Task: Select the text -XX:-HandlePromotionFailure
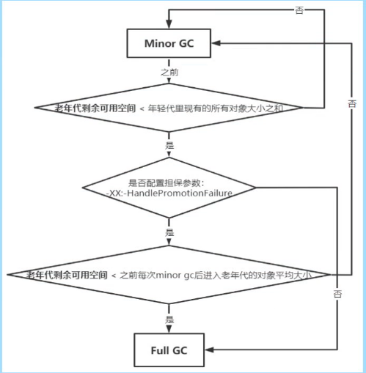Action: pyautogui.click(x=170, y=193)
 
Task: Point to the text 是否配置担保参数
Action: pyautogui.click(x=170, y=182)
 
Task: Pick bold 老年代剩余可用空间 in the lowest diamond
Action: pyautogui.click(x=67, y=275)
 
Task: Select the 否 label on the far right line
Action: pyautogui.click(x=354, y=104)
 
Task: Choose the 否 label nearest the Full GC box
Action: pyautogui.click(x=337, y=293)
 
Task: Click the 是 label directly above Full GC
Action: pyautogui.click(x=169, y=320)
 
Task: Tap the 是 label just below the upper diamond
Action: pyautogui.click(x=169, y=144)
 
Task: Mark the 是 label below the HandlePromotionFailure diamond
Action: pyautogui.click(x=169, y=232)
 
